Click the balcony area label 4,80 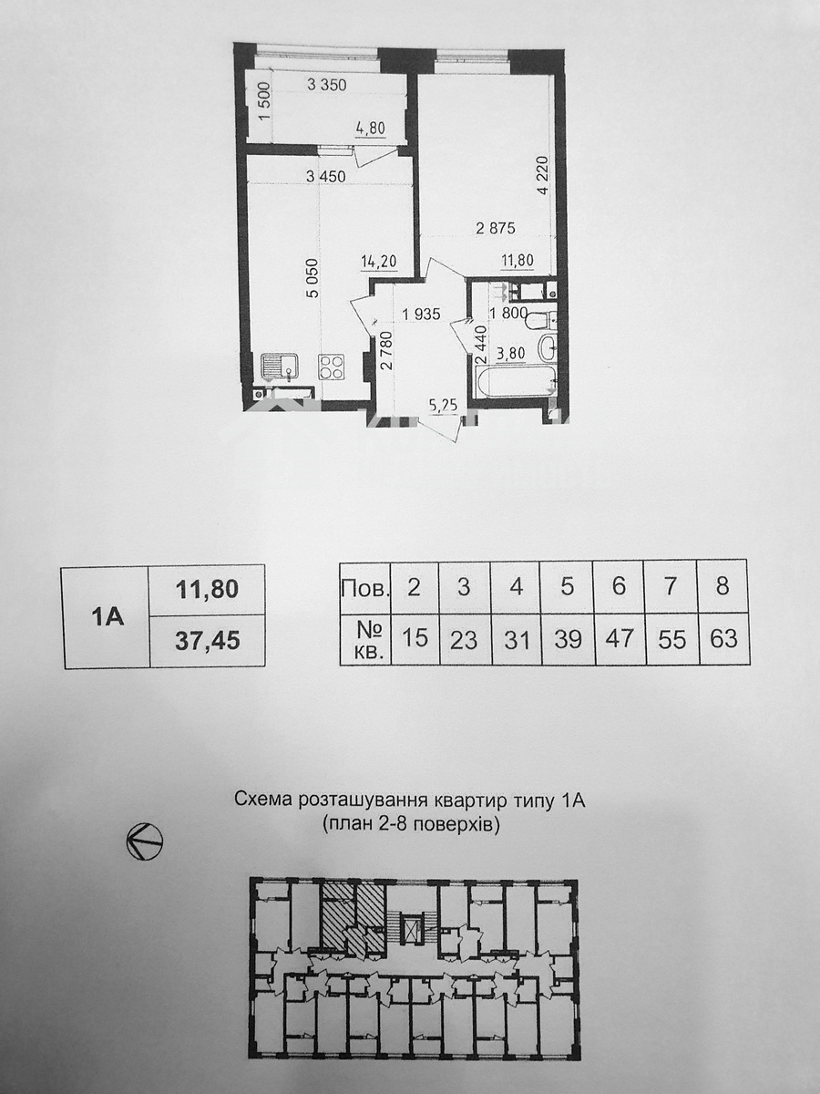click(370, 129)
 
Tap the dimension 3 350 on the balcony click(326, 85)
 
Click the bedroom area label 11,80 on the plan click(518, 261)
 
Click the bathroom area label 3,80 click(510, 354)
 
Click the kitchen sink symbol click(279, 366)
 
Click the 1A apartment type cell click(106, 616)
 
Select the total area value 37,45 click(207, 642)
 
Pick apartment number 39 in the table click(568, 638)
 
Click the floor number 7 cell click(671, 586)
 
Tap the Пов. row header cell click(365, 589)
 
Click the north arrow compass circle click(144, 841)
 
